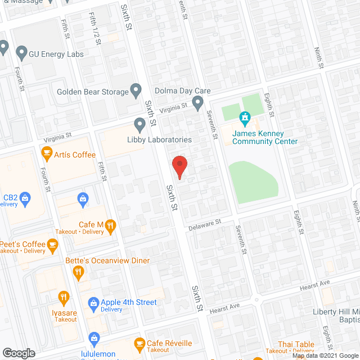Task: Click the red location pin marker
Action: tap(179, 167)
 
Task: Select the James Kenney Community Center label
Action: tap(266, 137)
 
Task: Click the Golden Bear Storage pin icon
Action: tap(136, 89)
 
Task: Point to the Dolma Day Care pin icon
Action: tap(197, 102)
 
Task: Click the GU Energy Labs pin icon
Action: tap(22, 54)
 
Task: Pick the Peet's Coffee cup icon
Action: tap(53, 245)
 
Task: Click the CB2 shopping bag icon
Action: tap(25, 198)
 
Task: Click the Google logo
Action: tap(19, 353)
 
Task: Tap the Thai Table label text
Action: tap(295, 344)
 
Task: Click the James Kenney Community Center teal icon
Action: tap(245, 118)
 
